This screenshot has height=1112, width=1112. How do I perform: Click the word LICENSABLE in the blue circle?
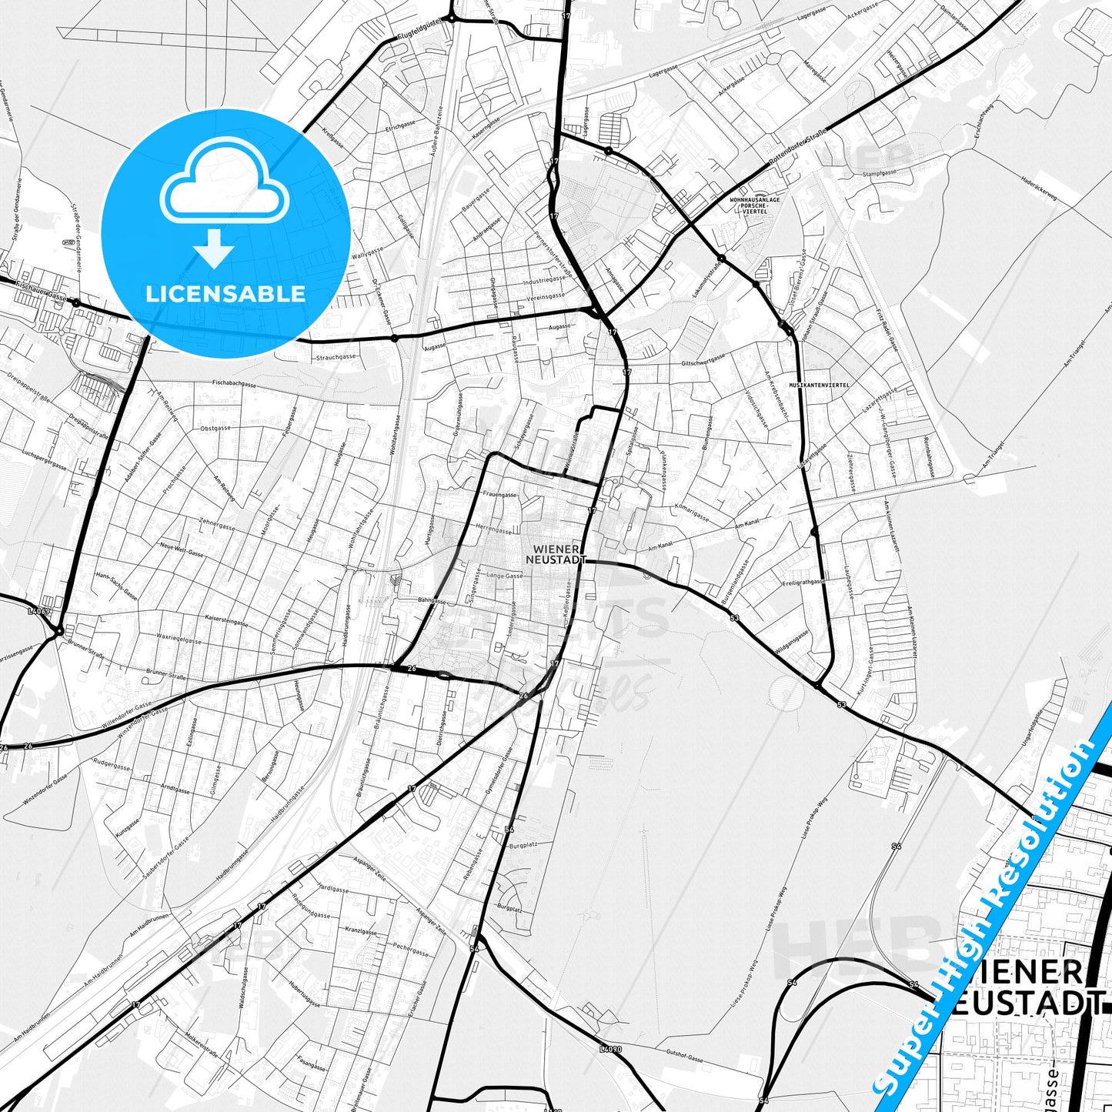[x=225, y=293]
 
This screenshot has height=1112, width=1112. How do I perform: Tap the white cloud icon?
[x=225, y=188]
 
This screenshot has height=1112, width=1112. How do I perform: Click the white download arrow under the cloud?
[x=215, y=250]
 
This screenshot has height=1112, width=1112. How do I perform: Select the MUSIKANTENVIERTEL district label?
[x=819, y=383]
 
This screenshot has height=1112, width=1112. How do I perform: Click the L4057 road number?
[x=38, y=611]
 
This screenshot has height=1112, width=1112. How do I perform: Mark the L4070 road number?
[x=609, y=1048]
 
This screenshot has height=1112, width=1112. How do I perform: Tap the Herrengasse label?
[x=494, y=530]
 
